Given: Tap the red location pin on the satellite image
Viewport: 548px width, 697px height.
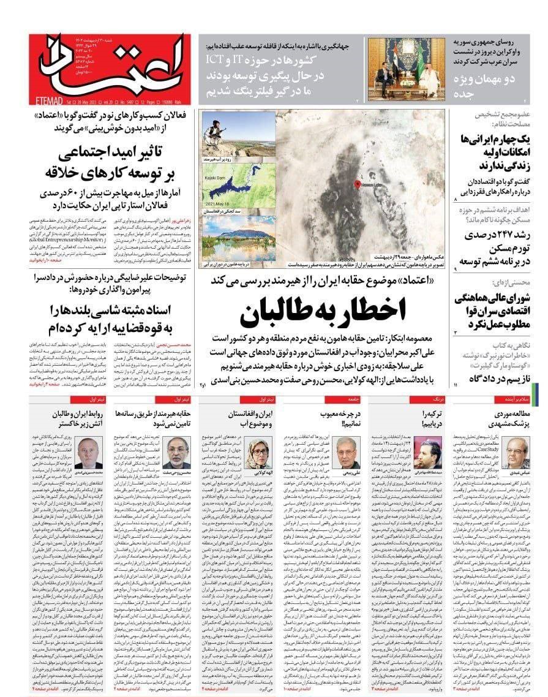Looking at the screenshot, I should point(358,184).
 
